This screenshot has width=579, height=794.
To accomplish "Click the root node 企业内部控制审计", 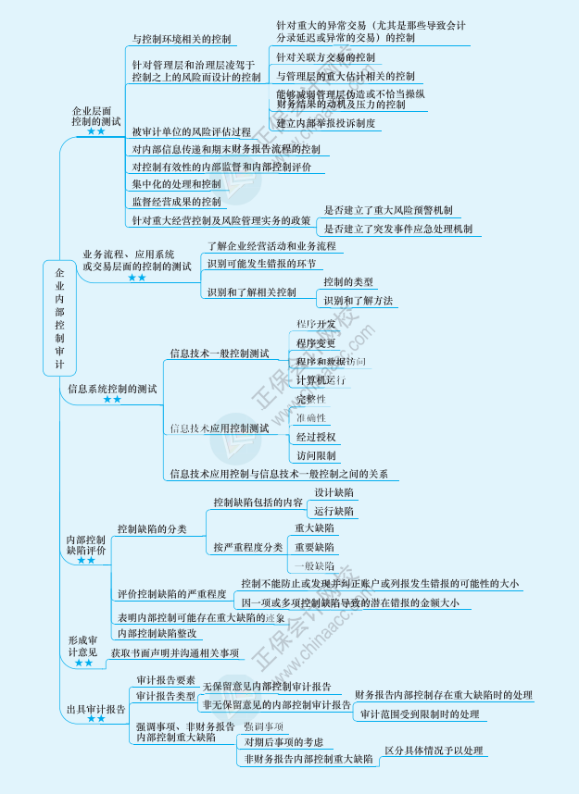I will point(59,318).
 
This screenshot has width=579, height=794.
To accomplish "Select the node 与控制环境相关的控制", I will point(183,40).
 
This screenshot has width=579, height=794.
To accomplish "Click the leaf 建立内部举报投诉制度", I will point(326,123).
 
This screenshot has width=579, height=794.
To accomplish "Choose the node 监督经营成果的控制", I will point(177,202).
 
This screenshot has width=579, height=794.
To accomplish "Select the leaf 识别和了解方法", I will point(358,300).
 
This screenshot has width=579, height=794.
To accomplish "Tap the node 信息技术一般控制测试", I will point(219,354).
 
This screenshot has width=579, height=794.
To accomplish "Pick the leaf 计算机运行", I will point(321,380).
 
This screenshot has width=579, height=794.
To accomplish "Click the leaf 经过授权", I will point(316,437).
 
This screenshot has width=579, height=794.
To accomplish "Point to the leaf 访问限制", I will point(316,455).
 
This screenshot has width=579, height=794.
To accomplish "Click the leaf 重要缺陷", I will point(315,547).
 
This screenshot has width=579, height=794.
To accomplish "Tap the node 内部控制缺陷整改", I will point(157,634).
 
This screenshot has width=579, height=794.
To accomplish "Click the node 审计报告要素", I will point(165,679).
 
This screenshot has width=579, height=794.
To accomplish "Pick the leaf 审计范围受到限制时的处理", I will point(420,714).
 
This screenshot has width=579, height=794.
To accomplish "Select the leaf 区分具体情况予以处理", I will point(434,751).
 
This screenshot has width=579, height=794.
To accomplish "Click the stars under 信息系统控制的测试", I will point(112,400).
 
